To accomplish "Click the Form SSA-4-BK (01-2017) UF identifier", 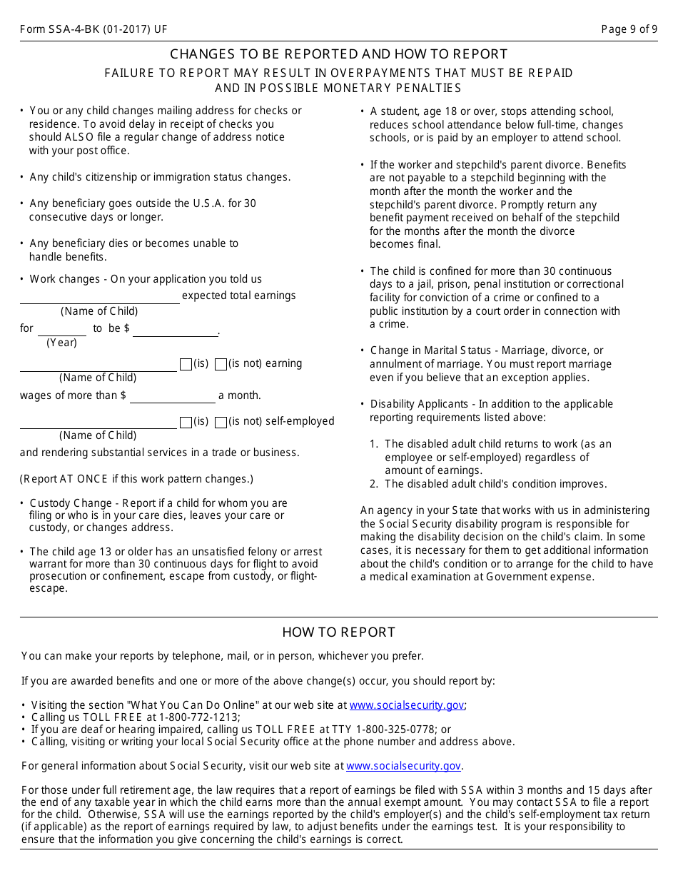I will pyautogui.click(x=93, y=29).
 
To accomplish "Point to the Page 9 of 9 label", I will pyautogui.click(x=629, y=29).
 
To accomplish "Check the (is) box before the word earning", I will pyautogui.click(x=186, y=364).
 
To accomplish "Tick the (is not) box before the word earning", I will pyautogui.click(x=221, y=364).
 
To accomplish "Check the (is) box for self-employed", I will pyautogui.click(x=186, y=422).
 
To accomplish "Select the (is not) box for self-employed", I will pyautogui.click(x=221, y=422).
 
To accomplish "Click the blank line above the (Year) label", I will pyautogui.click(x=61, y=329).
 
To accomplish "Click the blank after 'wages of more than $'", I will pyautogui.click(x=172, y=396).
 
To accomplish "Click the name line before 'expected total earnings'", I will pyautogui.click(x=99, y=297).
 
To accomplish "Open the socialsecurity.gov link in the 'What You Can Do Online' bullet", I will pyautogui.click(x=407, y=705).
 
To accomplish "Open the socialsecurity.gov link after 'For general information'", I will pyautogui.click(x=403, y=766).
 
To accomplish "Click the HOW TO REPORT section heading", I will pyautogui.click(x=338, y=632).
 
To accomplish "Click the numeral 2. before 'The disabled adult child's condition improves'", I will pyautogui.click(x=374, y=484).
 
